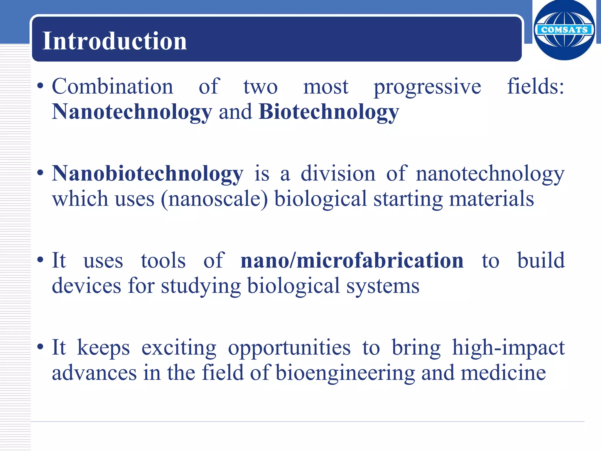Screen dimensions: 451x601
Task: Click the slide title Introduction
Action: [x=114, y=41]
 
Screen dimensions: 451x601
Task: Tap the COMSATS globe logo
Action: [x=564, y=30]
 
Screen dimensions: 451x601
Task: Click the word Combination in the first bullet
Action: [x=113, y=87]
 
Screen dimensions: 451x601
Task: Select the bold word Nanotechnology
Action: [x=132, y=112]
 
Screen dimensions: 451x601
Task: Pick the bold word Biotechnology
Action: [x=329, y=112]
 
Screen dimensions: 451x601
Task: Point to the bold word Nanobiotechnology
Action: [x=148, y=174]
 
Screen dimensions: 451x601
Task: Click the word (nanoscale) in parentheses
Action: [x=214, y=199]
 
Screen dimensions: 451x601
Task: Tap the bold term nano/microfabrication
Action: [x=352, y=260]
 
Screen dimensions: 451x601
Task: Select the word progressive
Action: [x=427, y=87]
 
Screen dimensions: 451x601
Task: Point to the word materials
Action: [x=492, y=199]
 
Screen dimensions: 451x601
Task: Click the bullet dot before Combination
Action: [x=40, y=86]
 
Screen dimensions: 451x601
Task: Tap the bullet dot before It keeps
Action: [x=40, y=347]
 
